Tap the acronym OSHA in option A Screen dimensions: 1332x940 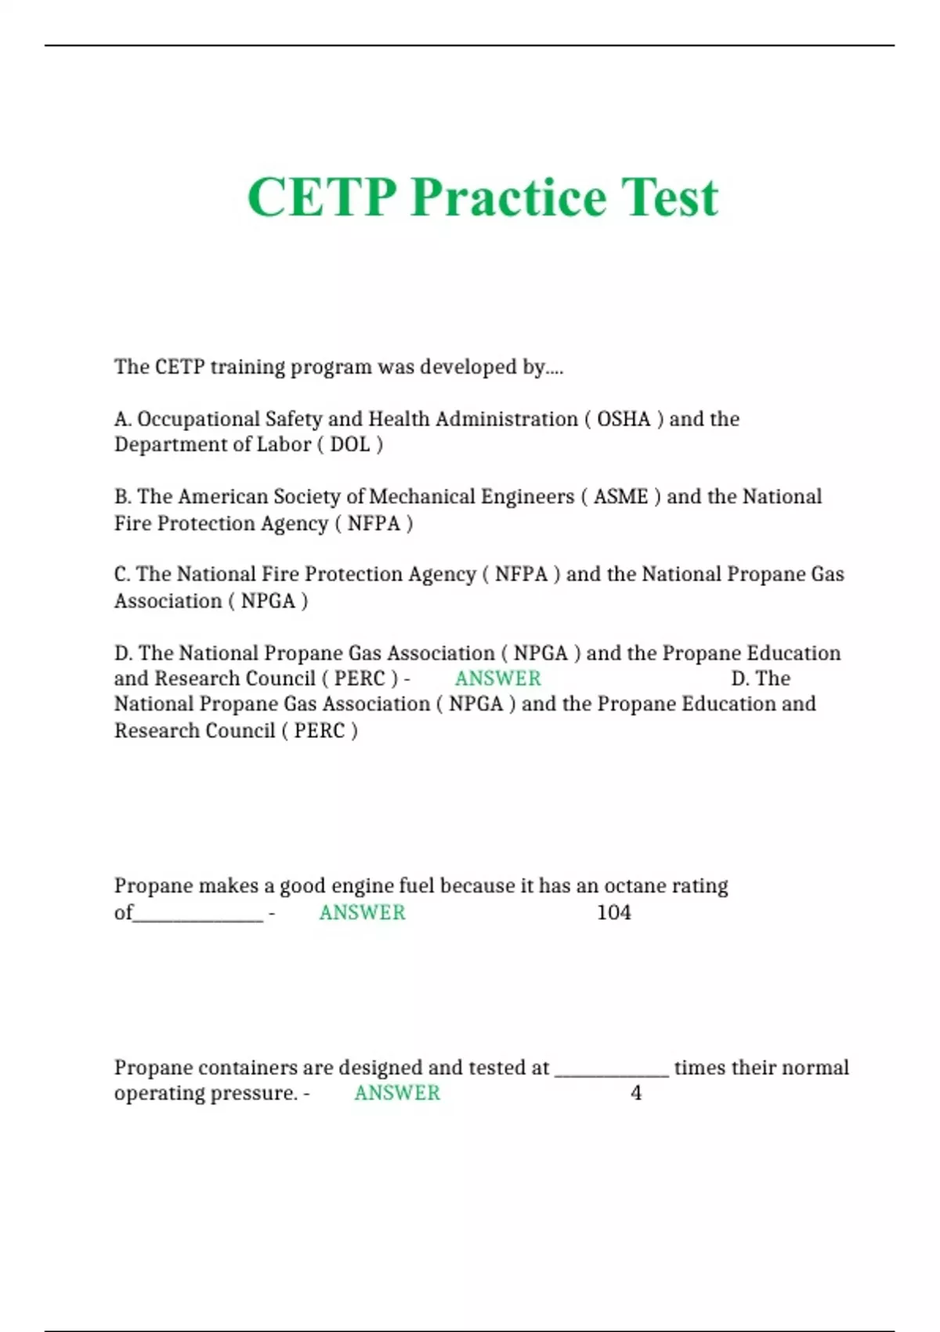tap(624, 419)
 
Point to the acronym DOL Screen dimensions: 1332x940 tap(349, 445)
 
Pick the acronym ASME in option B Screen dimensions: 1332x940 tap(620, 497)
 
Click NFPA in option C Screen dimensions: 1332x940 tap(521, 574)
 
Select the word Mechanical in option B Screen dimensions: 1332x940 tap(422, 497)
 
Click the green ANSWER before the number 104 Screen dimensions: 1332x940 tap(362, 913)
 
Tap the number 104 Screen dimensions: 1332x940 tap(613, 913)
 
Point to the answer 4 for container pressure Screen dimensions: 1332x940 tap(636, 1093)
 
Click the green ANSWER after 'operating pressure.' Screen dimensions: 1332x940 tap(397, 1093)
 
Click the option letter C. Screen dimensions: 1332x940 tap(121, 574)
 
